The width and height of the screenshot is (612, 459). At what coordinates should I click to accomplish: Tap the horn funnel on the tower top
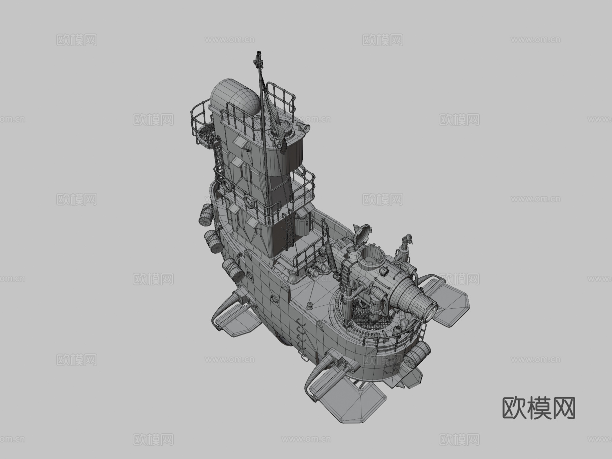305,128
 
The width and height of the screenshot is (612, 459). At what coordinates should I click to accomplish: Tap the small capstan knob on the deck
309,305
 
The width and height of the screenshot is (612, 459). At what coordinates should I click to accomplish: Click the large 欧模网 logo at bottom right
539,408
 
